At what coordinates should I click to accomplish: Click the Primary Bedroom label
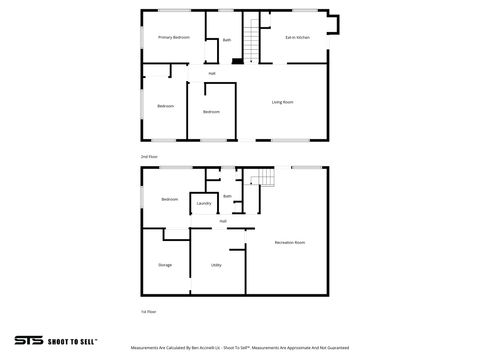174,37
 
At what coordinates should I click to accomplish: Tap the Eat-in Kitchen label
297,37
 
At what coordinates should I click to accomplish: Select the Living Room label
282,102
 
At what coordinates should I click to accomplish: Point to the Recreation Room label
290,243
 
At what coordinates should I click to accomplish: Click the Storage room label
165,265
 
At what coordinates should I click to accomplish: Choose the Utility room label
216,265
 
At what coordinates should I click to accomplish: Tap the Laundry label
203,204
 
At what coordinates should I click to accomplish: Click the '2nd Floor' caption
150,157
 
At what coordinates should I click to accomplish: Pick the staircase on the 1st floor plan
262,180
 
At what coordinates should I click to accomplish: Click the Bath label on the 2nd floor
227,40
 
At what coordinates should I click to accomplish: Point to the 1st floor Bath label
227,196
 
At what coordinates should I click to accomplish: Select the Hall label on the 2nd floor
212,73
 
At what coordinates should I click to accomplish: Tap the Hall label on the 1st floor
222,221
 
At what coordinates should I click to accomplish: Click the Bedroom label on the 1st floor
170,199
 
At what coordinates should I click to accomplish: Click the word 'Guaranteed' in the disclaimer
335,349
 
